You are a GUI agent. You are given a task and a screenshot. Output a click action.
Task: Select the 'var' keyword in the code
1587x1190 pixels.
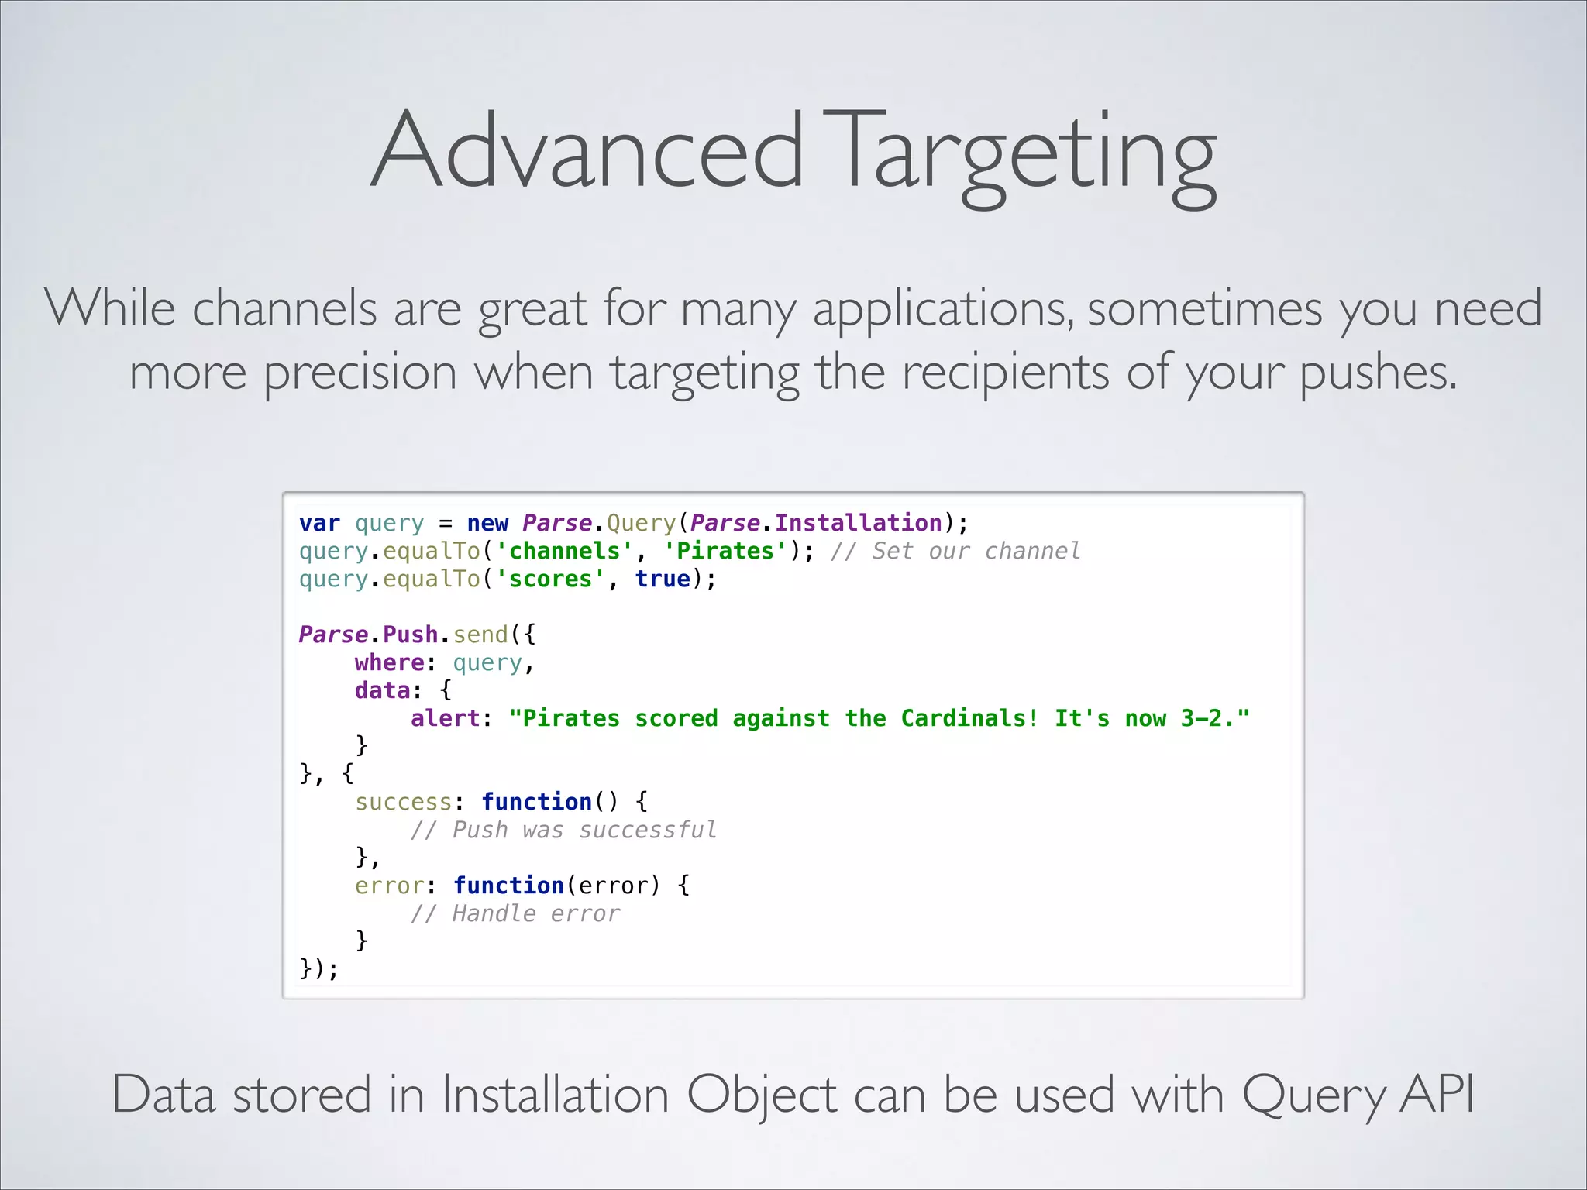[319, 524]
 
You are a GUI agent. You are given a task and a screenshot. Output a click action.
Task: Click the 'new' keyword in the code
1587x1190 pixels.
[487, 524]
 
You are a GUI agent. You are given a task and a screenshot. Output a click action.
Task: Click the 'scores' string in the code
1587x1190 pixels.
[550, 580]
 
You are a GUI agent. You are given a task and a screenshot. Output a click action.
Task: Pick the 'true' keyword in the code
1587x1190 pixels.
[663, 580]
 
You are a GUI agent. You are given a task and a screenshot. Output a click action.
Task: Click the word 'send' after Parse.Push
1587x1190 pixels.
[480, 635]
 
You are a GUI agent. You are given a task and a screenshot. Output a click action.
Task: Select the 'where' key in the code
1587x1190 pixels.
[389, 663]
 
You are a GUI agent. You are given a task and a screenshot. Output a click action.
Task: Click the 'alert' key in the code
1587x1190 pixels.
[445, 719]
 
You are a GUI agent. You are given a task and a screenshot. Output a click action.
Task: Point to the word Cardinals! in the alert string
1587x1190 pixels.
[969, 719]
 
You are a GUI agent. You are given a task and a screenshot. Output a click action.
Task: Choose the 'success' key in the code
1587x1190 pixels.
[403, 803]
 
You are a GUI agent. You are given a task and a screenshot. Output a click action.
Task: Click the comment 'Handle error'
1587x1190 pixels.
[535, 914]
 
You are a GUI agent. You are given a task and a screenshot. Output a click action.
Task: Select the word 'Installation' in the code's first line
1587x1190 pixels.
[858, 524]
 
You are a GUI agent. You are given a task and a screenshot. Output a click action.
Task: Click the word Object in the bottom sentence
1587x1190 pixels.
[762, 1095]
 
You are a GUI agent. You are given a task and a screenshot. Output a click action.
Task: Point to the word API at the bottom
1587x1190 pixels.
[1437, 1095]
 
